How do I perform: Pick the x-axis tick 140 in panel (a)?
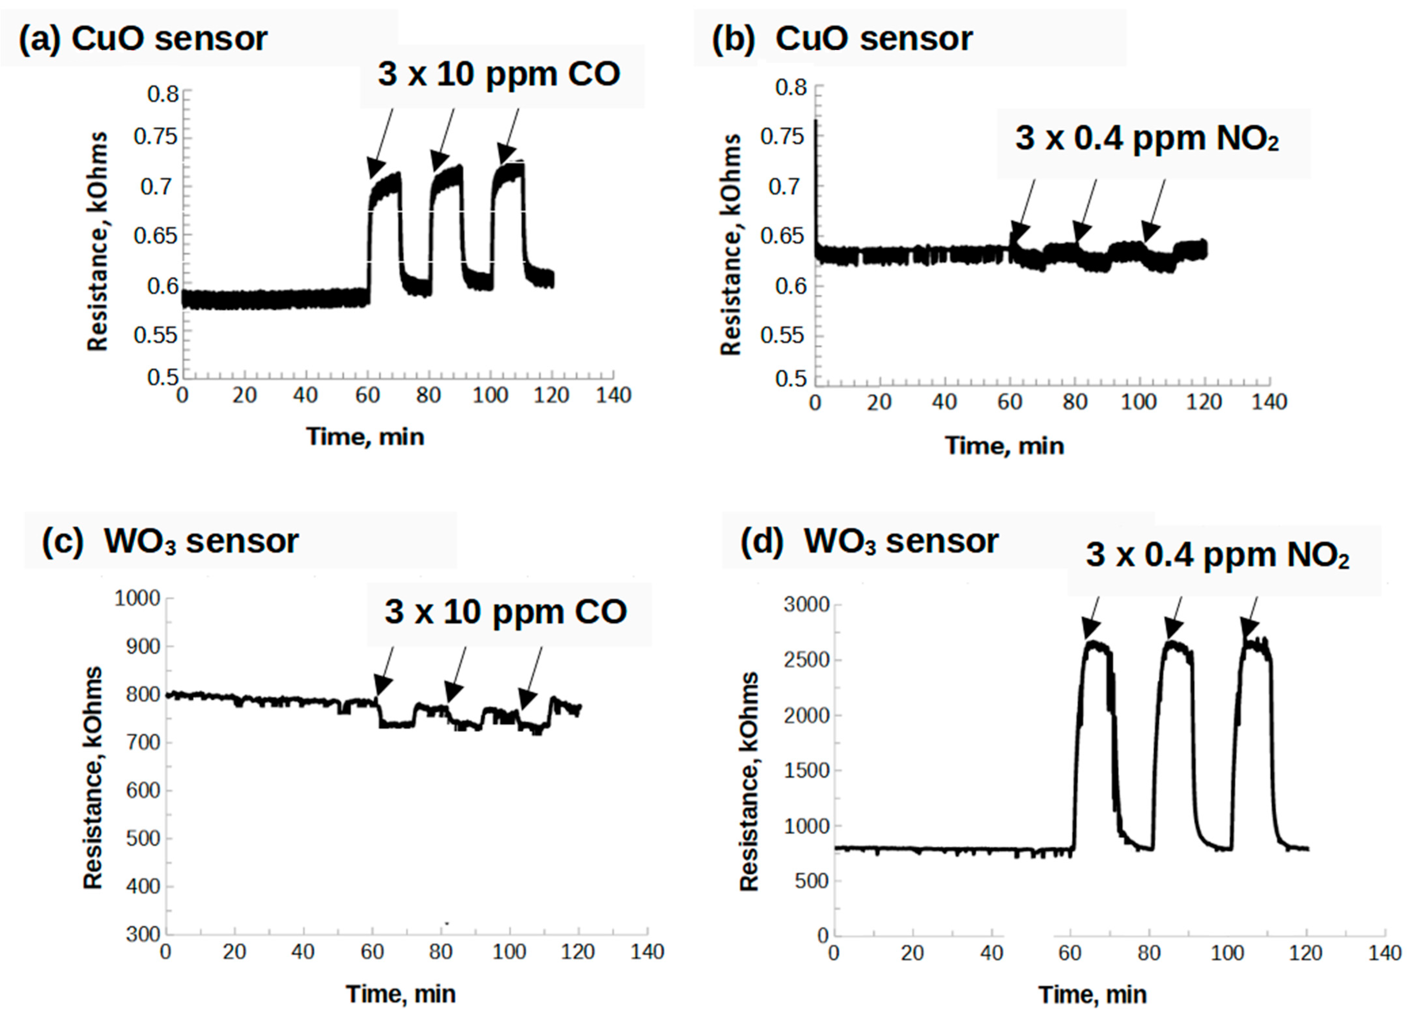tap(613, 395)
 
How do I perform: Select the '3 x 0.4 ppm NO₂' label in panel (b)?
tap(1147, 138)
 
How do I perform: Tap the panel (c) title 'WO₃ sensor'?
tap(201, 541)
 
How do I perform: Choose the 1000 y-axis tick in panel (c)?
tap(137, 598)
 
